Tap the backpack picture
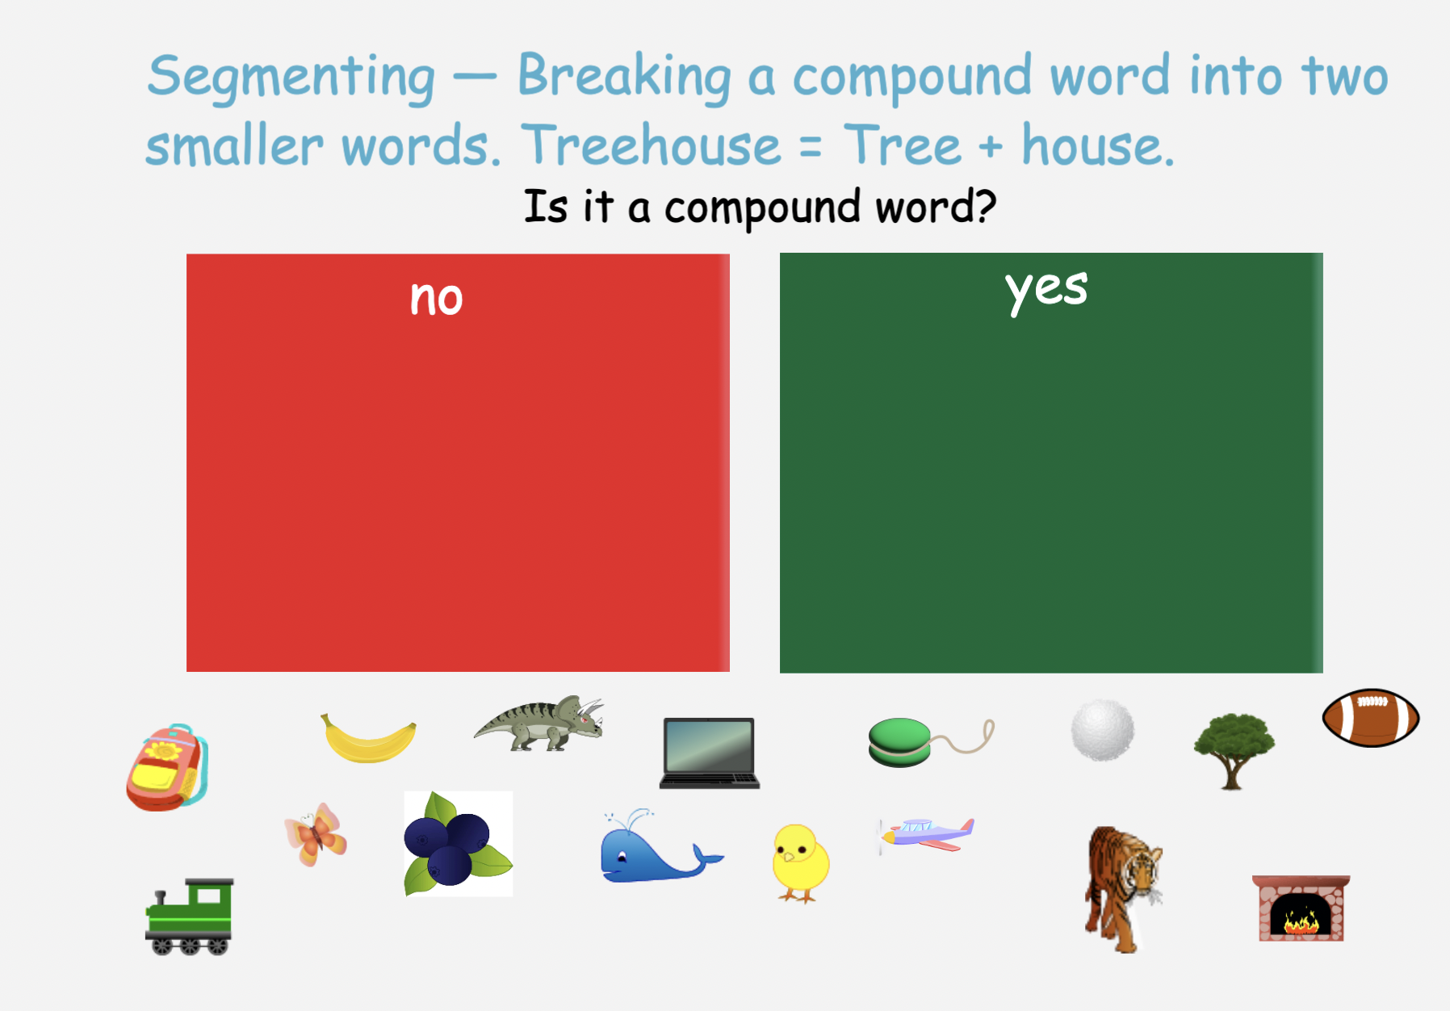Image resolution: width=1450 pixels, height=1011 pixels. (168, 768)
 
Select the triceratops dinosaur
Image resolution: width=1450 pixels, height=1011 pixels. (539, 724)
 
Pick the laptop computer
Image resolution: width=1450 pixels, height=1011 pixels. (710, 753)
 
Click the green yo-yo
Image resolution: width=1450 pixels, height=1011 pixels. (900, 742)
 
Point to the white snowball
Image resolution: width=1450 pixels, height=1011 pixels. (1102, 731)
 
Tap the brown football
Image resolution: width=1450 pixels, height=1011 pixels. (1370, 718)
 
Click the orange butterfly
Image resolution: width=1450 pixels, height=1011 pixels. (316, 835)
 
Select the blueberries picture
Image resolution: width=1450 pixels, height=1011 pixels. (458, 844)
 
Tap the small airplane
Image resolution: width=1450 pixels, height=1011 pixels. (927, 835)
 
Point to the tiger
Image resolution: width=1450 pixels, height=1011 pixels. (1123, 889)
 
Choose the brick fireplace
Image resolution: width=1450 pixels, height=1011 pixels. (1301, 908)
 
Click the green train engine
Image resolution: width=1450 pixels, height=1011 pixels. (190, 917)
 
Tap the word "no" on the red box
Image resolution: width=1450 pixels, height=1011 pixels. (436, 299)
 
